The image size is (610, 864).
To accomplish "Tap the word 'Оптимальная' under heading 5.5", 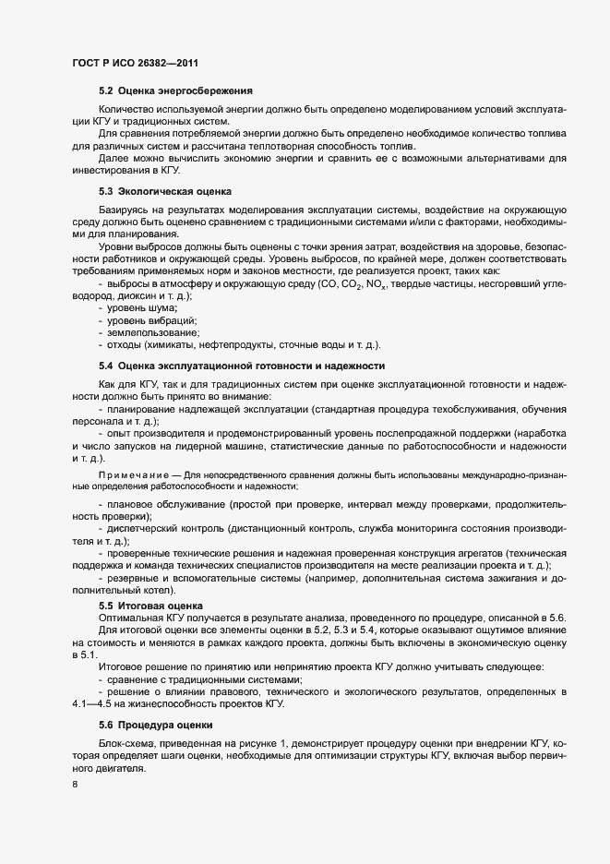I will coord(130,616).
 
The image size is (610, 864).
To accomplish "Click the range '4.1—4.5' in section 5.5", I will coord(92,679).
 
